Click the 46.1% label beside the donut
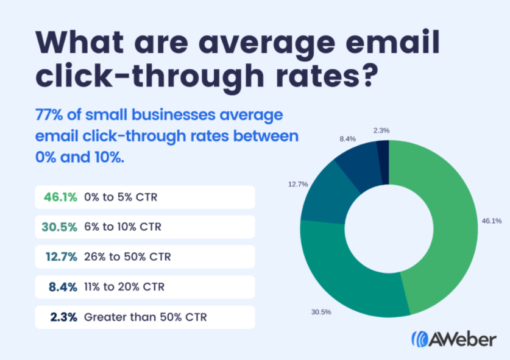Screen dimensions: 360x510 tap(492, 221)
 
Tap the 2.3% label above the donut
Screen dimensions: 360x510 tap(381, 131)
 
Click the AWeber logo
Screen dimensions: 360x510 tap(453, 339)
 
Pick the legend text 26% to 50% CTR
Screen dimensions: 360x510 tap(127, 257)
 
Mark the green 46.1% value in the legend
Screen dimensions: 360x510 tap(60, 197)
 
